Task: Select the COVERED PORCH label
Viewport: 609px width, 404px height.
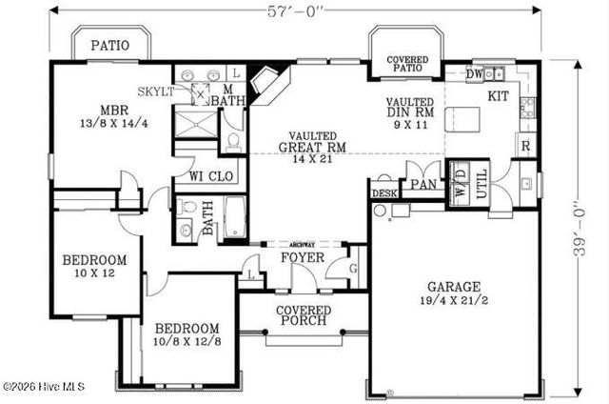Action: pyautogui.click(x=303, y=316)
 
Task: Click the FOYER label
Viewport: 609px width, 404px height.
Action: pyautogui.click(x=303, y=257)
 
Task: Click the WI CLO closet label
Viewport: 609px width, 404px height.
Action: pyautogui.click(x=211, y=176)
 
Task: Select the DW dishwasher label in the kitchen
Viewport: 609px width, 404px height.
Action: pyautogui.click(x=474, y=73)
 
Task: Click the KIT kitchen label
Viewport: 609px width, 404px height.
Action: pyautogui.click(x=499, y=96)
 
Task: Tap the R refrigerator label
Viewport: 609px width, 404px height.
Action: pyautogui.click(x=524, y=146)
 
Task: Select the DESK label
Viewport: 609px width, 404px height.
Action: pyautogui.click(x=384, y=193)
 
